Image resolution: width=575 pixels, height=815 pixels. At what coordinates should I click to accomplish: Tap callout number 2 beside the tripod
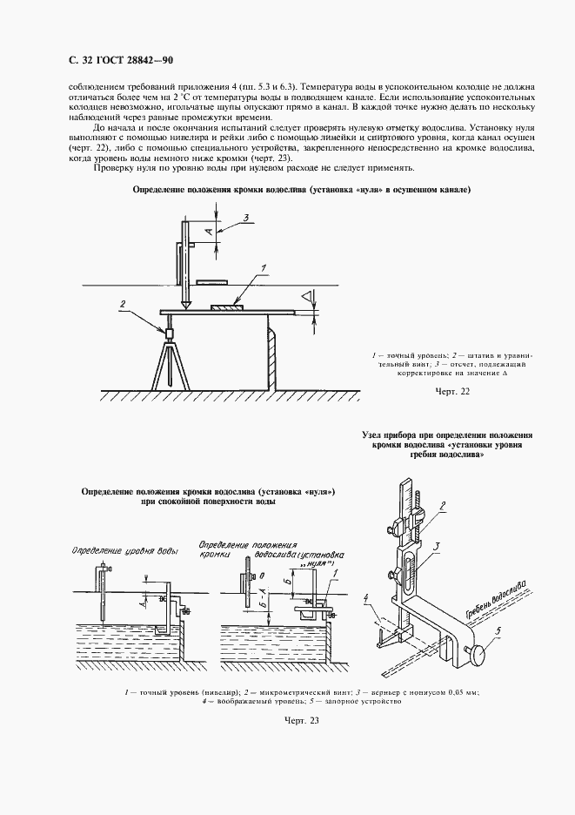(124, 303)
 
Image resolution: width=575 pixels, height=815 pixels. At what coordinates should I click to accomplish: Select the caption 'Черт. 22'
(451, 392)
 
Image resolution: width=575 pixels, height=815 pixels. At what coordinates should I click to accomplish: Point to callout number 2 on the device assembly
(442, 505)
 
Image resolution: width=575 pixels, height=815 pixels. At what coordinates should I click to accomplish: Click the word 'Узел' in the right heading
(371, 434)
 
